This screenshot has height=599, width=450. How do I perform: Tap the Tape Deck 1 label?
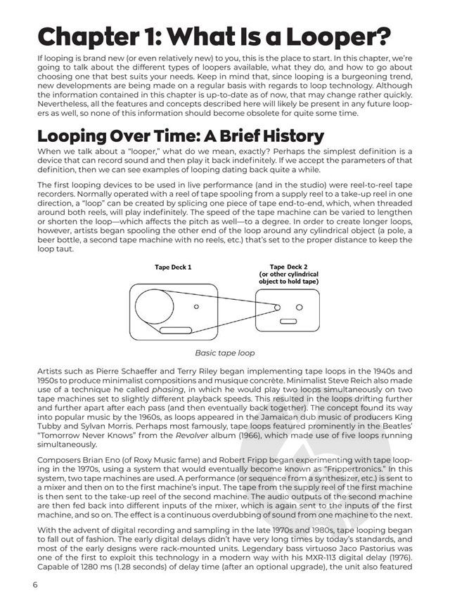(173, 267)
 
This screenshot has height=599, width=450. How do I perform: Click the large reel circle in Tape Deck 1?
(155, 307)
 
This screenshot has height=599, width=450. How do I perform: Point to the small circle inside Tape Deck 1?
(196, 307)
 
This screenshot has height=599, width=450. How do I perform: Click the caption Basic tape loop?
(225, 353)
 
